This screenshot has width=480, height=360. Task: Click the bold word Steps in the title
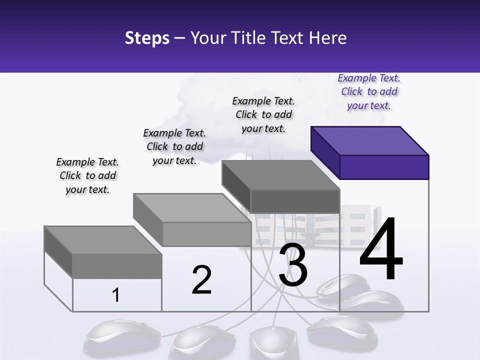coord(147,38)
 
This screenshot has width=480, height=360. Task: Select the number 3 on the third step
coord(293,265)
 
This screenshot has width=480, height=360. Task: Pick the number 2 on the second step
coord(201,280)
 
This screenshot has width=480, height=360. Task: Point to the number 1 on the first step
coord(116,295)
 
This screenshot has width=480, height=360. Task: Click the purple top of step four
coord(370,140)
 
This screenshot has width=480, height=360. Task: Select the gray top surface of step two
coord(192,207)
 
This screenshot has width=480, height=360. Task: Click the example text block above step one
coord(87,175)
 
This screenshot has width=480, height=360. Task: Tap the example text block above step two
coord(174,146)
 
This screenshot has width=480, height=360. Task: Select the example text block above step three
coord(263,114)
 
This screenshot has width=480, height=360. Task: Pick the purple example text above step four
coord(369,91)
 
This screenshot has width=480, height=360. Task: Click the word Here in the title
coord(328,38)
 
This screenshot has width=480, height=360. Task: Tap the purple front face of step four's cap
coord(384,167)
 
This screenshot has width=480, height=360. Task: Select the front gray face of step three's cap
coord(295,201)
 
